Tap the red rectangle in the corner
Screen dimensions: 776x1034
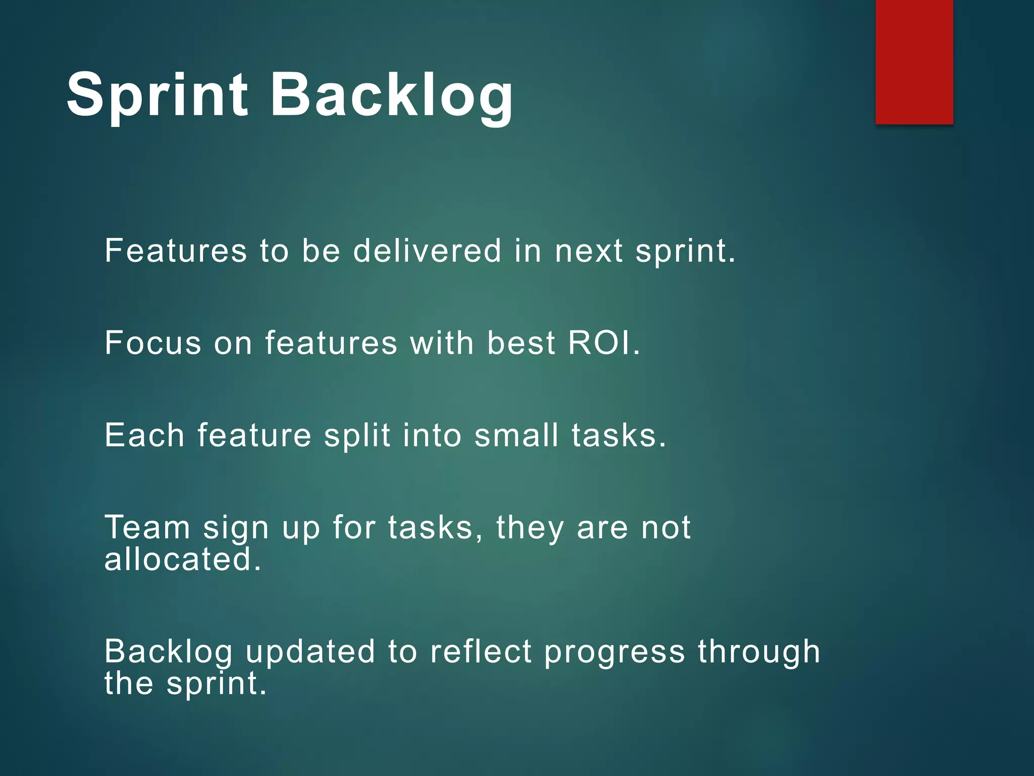point(914,62)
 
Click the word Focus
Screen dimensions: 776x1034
point(153,343)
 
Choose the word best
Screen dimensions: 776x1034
point(521,343)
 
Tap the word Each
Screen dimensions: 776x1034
point(144,435)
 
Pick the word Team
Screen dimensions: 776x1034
point(147,527)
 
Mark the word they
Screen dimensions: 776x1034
point(530,528)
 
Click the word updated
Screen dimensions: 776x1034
point(311,652)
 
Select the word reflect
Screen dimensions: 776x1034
point(481,651)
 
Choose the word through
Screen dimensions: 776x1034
point(759,652)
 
